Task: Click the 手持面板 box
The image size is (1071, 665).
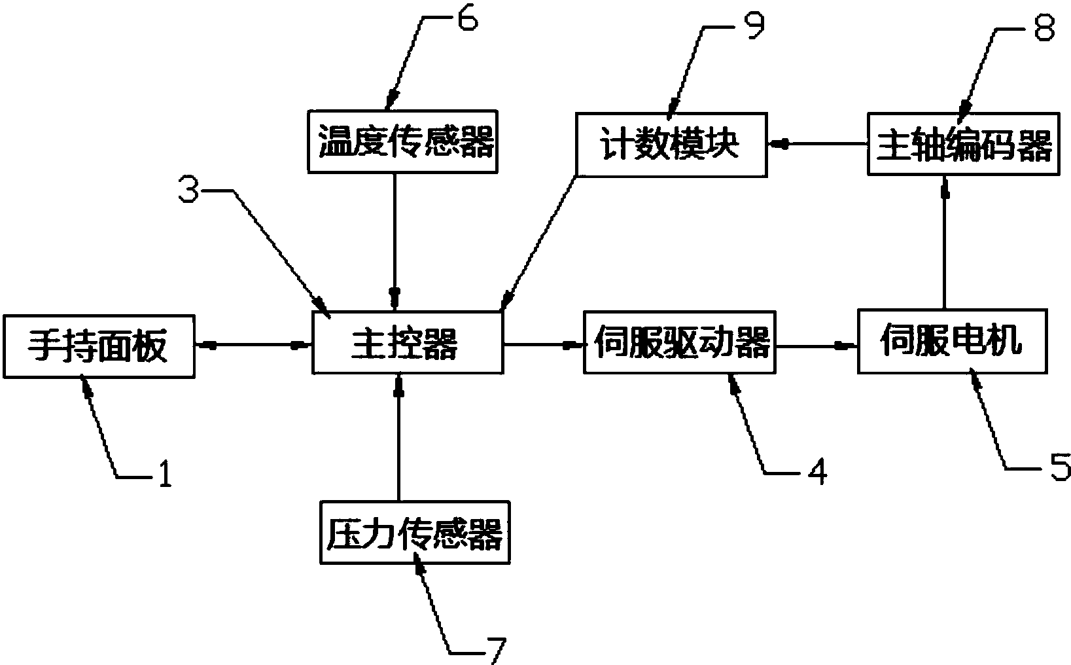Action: (x=99, y=346)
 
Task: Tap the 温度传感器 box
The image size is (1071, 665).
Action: (x=402, y=142)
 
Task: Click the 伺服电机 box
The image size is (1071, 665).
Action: (x=952, y=340)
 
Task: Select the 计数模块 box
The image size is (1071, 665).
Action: (x=671, y=143)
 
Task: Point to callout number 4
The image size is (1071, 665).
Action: (x=816, y=471)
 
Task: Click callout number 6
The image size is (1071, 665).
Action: (x=466, y=19)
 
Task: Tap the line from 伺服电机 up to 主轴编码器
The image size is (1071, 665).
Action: (x=944, y=242)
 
